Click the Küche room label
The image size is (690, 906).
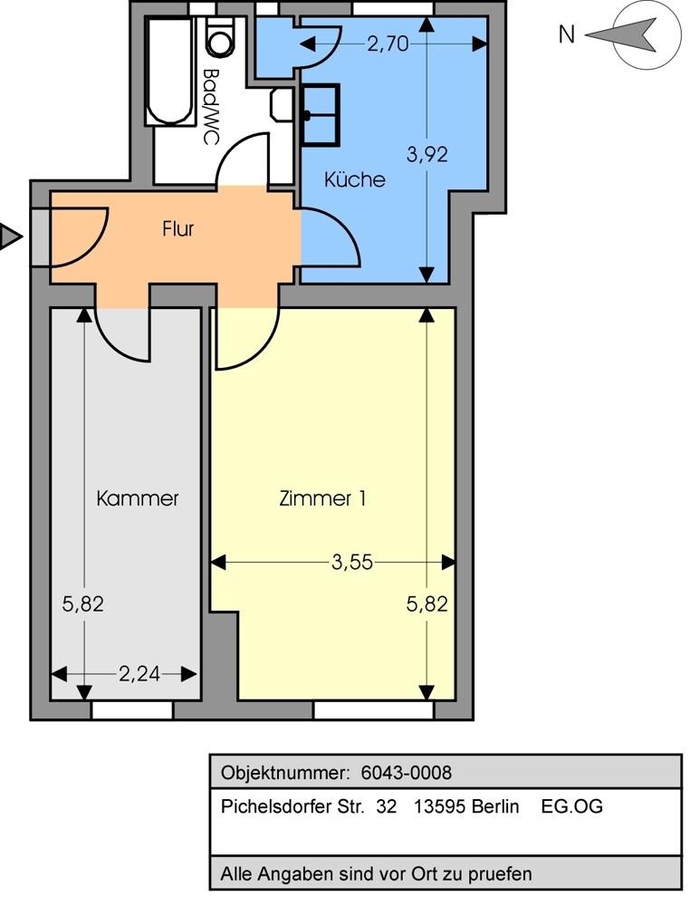[x=354, y=179]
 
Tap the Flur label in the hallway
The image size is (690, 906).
[x=178, y=229]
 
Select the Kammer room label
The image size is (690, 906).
[x=138, y=498]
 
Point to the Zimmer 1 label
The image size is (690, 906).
[x=323, y=498]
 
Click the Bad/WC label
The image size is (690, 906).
[x=212, y=106]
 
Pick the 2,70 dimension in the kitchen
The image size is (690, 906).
[x=388, y=43]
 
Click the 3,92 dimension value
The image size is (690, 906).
[x=426, y=154]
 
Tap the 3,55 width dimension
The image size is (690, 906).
[x=351, y=563]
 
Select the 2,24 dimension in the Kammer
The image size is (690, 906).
[x=139, y=674]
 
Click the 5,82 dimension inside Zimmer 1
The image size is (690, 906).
[x=426, y=604]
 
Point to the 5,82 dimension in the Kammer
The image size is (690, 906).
[x=83, y=604]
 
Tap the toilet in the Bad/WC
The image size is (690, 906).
[x=220, y=37]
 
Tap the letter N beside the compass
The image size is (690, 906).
[x=567, y=35]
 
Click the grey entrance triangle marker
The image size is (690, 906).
[x=9, y=237]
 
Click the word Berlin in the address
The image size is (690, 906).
[x=495, y=806]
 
